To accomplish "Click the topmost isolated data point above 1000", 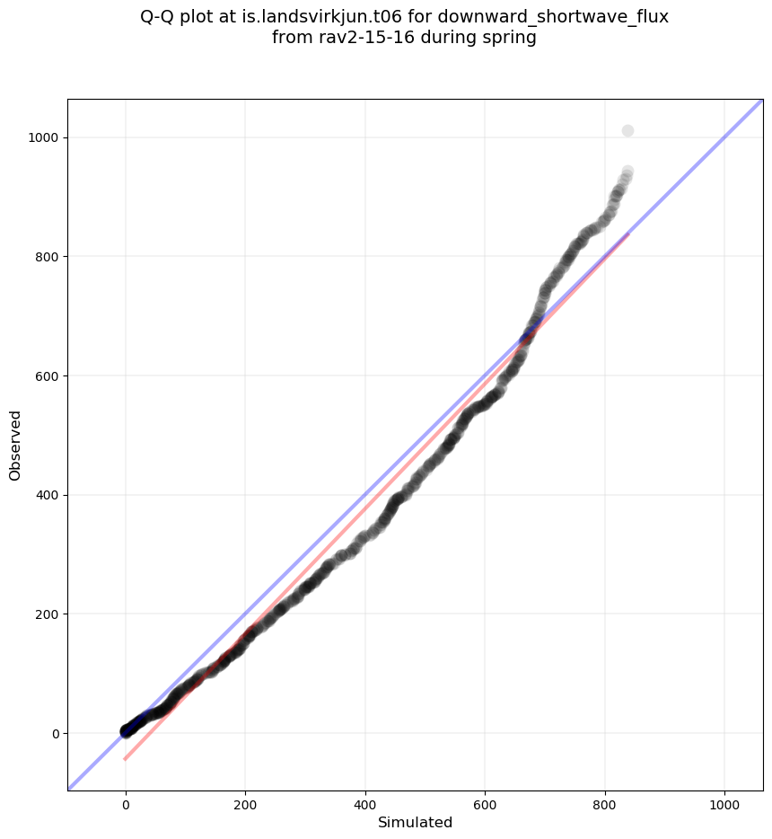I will [x=627, y=131].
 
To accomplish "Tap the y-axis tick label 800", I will [x=47, y=257].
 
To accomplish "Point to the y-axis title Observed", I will [x=15, y=445].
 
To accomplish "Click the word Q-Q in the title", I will [x=158, y=17].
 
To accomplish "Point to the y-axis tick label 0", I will [x=56, y=734].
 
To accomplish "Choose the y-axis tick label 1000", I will [x=43, y=137].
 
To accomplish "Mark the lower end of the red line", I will [x=125, y=759].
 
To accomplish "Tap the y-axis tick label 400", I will [x=47, y=495].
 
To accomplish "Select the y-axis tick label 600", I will [x=47, y=375].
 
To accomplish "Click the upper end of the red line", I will [x=627, y=234].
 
